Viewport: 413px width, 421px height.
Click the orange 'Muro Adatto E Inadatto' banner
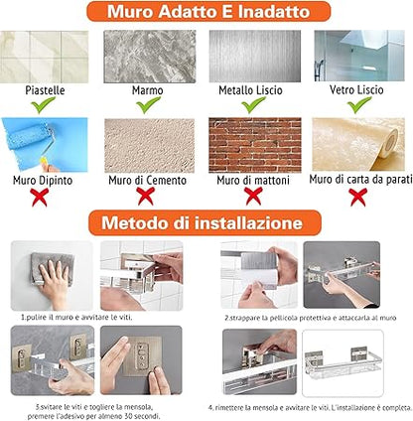click(208, 12)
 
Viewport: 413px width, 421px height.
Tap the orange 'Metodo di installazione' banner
click(205, 222)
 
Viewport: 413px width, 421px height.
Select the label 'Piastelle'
click(45, 90)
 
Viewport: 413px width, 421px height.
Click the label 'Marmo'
click(148, 90)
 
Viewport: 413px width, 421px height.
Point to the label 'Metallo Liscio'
click(250, 90)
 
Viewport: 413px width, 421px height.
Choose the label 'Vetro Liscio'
click(356, 89)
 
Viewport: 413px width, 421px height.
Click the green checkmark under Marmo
click(148, 105)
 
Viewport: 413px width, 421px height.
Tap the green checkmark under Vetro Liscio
click(359, 104)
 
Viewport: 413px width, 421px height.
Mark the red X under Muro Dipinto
click(40, 197)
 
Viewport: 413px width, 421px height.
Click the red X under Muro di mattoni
click(254, 196)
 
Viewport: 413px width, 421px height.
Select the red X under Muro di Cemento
click(146, 196)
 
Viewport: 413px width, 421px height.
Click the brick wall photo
click(255, 145)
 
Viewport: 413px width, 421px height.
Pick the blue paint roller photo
click(45, 145)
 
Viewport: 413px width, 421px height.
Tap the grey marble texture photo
click(150, 57)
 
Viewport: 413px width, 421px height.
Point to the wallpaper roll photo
click(358, 144)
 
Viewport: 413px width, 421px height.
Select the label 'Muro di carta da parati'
click(360, 180)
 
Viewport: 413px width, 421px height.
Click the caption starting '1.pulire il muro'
click(76, 318)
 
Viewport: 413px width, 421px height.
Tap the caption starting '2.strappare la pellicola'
click(310, 318)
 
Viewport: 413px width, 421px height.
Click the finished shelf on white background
click(343, 363)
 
